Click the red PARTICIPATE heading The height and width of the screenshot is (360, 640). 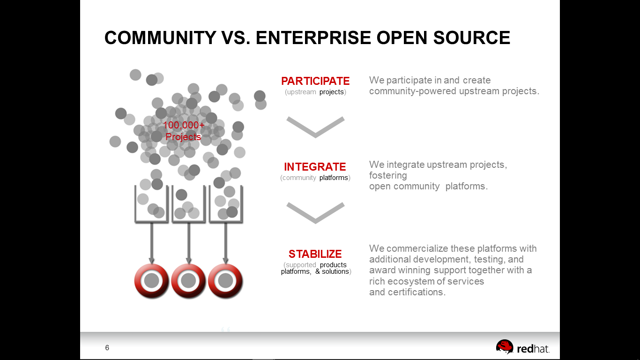(315, 81)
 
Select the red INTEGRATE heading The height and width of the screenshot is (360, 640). (315, 167)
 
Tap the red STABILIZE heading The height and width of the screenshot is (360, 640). (315, 254)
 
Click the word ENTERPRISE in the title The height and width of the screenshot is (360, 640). (313, 38)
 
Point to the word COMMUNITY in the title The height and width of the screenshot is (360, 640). (160, 38)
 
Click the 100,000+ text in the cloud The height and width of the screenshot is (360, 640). (184, 125)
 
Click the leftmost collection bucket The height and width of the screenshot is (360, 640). (151, 221)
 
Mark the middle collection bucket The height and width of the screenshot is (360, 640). (188, 221)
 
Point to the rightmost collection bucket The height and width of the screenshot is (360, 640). (226, 221)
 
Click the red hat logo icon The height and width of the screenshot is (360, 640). (505, 346)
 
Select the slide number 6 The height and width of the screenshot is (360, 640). (107, 348)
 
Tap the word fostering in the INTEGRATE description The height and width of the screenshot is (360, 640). (388, 175)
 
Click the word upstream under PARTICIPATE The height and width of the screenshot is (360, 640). (301, 92)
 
